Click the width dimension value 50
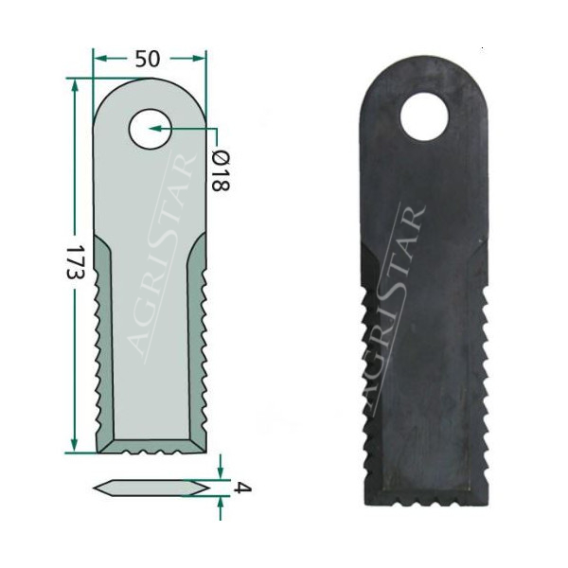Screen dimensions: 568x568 (x=148, y=59)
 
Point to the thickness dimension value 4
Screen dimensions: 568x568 (x=241, y=488)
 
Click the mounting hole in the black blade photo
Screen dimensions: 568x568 (x=423, y=118)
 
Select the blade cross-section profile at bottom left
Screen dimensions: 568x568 (x=151, y=488)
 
